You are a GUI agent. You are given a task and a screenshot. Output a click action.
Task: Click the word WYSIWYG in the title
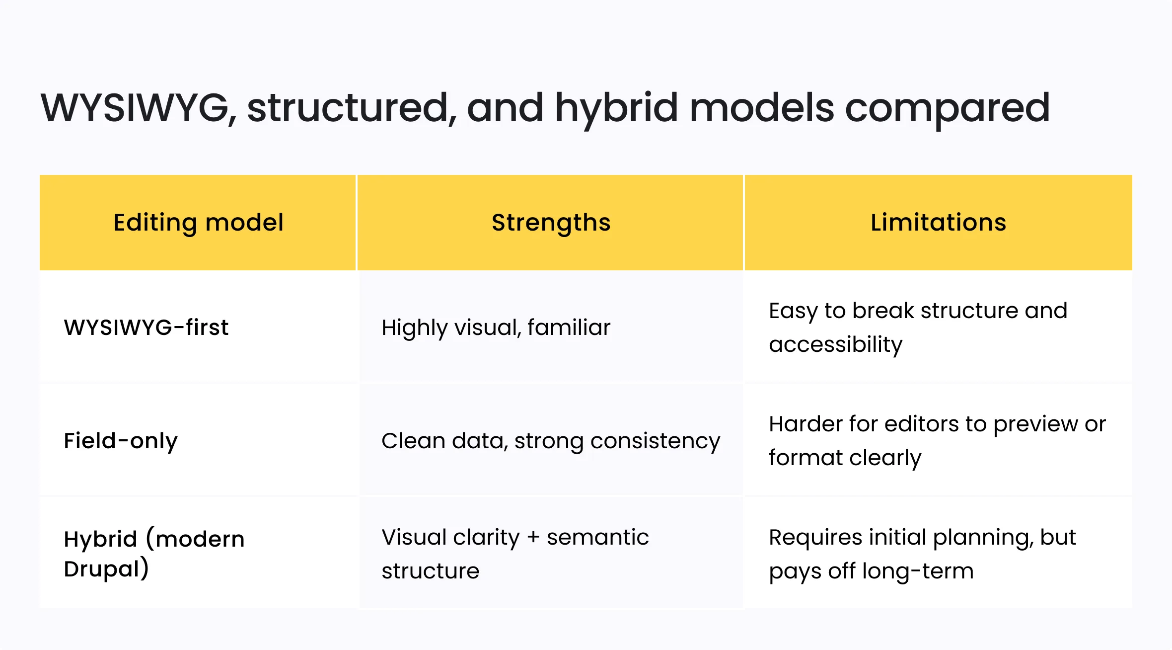(135, 108)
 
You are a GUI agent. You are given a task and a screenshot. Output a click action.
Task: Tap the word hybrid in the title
(616, 108)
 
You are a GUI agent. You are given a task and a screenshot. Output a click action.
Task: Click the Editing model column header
(198, 222)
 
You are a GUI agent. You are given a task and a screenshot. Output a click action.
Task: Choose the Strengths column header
(551, 222)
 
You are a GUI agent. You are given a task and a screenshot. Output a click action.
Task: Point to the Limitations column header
(938, 222)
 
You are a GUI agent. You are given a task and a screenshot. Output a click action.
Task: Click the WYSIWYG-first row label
(146, 327)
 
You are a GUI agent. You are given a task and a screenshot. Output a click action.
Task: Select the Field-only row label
(121, 441)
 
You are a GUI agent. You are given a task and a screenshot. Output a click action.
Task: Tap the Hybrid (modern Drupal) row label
(154, 554)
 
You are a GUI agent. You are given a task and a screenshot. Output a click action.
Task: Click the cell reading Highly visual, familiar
(496, 327)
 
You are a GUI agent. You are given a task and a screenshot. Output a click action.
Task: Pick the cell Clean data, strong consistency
(550, 441)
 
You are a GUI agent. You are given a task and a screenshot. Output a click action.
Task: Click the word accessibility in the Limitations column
(835, 344)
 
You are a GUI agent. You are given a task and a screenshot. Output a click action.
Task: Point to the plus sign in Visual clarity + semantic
(533, 537)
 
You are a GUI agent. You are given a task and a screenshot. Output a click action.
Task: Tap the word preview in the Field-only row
(1035, 424)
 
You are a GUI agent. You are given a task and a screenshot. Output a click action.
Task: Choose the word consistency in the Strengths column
(655, 441)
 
